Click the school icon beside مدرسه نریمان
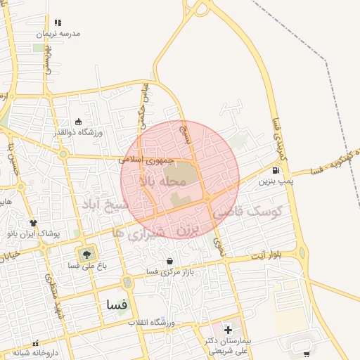tap(57, 22)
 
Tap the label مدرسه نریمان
tap(60, 34)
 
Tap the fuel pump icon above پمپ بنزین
tap(275, 169)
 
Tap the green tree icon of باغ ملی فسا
tap(86, 253)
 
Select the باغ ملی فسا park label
tap(86, 266)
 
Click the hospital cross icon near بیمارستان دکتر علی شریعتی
tap(227, 329)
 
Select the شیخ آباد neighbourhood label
tap(106, 205)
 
